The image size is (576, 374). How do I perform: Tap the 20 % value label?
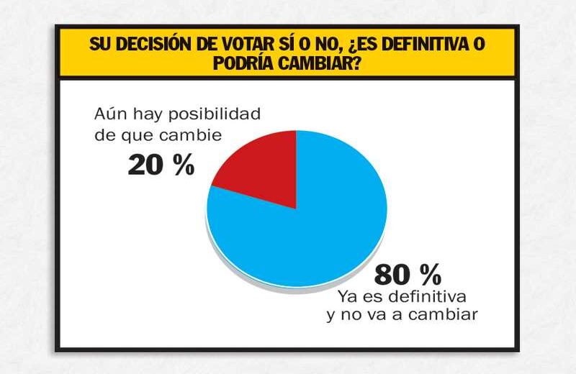[x=161, y=166]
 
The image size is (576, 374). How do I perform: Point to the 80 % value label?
[x=407, y=275]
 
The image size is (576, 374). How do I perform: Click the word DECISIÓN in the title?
[x=153, y=44]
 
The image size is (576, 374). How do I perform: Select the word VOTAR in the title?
[x=243, y=44]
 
